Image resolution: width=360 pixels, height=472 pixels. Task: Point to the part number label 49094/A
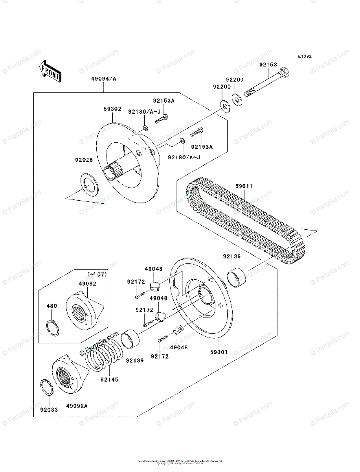[104, 79]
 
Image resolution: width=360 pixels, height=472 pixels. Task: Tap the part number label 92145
[109, 380]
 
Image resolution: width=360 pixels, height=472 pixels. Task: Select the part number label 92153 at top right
[268, 65]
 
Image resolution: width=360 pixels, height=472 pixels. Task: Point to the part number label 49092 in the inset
[87, 283]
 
